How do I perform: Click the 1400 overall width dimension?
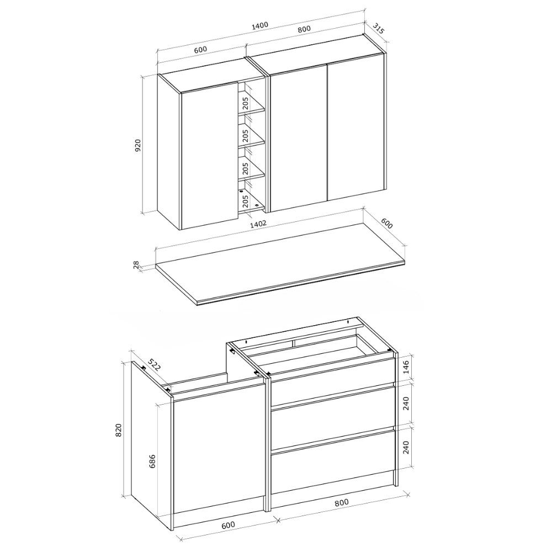click(x=260, y=26)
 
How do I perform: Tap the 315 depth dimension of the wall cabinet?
click(x=379, y=28)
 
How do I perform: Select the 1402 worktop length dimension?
click(x=258, y=224)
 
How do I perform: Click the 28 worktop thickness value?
click(x=136, y=265)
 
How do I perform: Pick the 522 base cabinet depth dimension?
click(x=153, y=365)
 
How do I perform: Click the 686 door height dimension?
click(x=152, y=461)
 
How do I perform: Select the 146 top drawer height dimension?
click(x=406, y=367)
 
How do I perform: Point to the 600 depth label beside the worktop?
click(x=386, y=223)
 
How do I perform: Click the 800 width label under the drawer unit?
click(x=342, y=502)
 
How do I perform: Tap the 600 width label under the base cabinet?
click(x=228, y=525)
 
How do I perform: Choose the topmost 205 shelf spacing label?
click(x=246, y=103)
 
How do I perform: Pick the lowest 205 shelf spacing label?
click(x=246, y=201)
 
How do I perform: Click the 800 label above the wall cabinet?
click(x=304, y=29)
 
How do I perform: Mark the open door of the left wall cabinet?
click(x=209, y=156)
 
